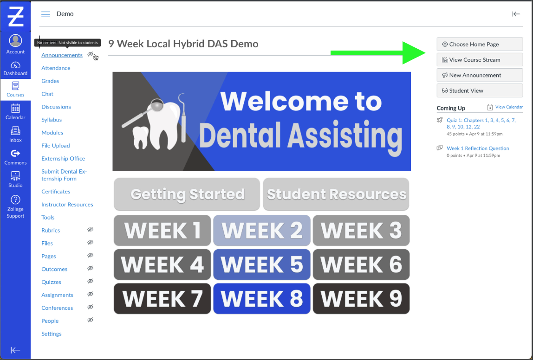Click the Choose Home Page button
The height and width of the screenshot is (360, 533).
tap(480, 45)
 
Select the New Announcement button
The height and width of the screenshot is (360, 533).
tap(480, 75)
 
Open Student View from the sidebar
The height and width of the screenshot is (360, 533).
tap(480, 91)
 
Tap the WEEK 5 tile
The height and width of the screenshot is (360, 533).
tap(262, 264)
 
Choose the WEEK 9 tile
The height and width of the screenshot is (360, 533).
tap(361, 299)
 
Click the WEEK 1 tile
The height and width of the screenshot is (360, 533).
tap(162, 231)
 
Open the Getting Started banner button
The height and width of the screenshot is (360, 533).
tap(187, 194)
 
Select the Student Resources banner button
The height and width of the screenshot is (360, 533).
tap(336, 194)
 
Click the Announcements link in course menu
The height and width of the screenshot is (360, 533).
tap(62, 55)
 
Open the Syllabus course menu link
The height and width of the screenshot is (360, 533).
tap(52, 120)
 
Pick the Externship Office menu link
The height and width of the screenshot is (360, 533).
tap(63, 159)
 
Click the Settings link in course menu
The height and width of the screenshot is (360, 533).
tap(52, 334)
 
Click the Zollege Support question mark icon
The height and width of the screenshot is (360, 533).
tap(15, 199)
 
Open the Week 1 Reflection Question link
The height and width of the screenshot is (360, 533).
tap(478, 148)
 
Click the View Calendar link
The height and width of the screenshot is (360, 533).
tap(509, 107)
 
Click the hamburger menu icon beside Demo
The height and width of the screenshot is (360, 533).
tap(45, 14)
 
